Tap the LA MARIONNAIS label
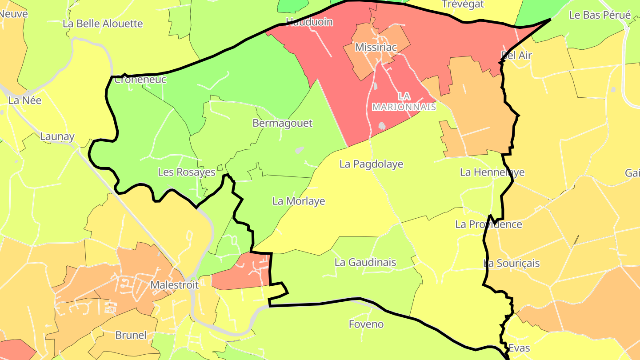(404, 102)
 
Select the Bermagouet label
(282, 123)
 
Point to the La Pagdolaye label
(371, 164)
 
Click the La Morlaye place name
(298, 201)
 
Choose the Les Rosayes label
(186, 172)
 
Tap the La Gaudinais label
(365, 262)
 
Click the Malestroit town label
(174, 285)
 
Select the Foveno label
(366, 324)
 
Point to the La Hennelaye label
(492, 172)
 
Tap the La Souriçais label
(511, 263)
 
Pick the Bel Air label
(516, 55)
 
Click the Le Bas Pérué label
(600, 15)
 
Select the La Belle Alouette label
(103, 24)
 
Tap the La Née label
(25, 100)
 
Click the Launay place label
(57, 136)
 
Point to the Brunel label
(131, 335)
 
